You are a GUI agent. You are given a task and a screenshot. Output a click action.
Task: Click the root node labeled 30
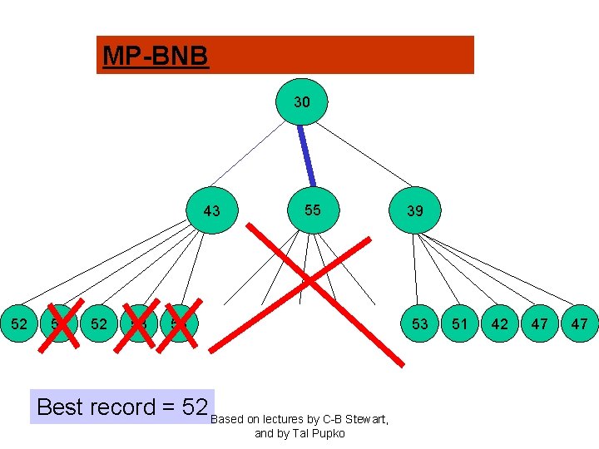(x=302, y=102)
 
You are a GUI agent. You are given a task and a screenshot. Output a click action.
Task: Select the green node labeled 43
(x=212, y=211)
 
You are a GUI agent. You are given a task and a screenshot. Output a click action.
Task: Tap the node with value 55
(x=312, y=210)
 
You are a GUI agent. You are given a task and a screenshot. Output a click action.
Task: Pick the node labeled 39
(x=415, y=211)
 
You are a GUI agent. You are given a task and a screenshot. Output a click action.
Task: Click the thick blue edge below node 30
(x=306, y=155)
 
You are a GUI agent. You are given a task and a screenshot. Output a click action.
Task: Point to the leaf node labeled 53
(x=420, y=323)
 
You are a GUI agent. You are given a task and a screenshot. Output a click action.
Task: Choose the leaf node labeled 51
(x=460, y=323)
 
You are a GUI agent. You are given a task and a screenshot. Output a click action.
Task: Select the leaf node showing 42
(x=500, y=323)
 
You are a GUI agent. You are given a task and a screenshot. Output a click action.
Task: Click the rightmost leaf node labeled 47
(x=580, y=323)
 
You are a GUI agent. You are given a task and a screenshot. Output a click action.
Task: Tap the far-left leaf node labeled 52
(x=19, y=323)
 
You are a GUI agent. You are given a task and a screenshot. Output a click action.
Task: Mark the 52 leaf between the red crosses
(x=99, y=323)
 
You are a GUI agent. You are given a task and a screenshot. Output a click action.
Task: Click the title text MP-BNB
(x=154, y=57)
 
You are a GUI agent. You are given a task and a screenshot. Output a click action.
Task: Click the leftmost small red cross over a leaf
(x=59, y=323)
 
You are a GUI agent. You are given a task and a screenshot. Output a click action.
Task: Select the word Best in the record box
(x=62, y=407)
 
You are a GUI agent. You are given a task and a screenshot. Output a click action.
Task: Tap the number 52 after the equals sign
(x=193, y=407)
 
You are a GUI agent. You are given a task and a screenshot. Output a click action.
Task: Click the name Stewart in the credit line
(x=364, y=419)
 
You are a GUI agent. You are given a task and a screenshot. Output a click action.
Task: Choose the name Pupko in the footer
(x=328, y=433)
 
